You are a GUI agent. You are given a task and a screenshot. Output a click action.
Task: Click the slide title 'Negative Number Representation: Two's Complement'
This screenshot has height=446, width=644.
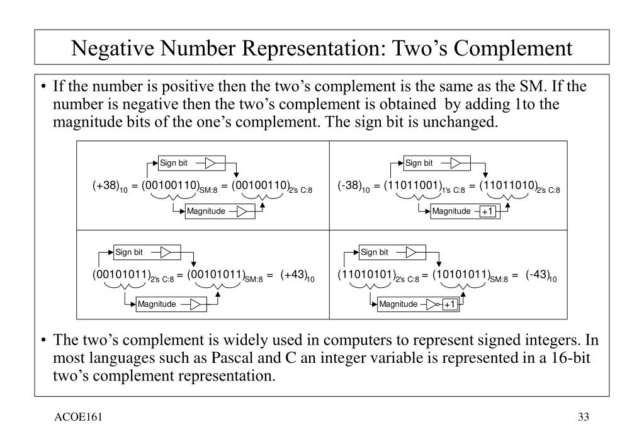point(322,47)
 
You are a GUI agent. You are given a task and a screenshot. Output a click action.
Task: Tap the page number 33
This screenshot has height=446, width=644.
point(583,418)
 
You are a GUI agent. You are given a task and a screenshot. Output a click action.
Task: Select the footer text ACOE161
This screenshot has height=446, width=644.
point(78,418)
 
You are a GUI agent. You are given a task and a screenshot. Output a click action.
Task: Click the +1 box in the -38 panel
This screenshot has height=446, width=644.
point(489,212)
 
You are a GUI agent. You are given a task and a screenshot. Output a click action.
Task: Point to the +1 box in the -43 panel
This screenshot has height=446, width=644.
point(449,305)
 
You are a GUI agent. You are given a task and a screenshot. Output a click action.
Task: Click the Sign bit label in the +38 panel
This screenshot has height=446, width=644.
point(174,163)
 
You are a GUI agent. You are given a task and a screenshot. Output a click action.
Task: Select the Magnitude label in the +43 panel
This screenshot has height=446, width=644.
point(157,304)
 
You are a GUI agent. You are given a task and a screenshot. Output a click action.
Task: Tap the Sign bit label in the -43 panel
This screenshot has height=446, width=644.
point(375,253)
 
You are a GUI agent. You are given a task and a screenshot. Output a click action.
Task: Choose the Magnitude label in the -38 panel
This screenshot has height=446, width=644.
point(451,211)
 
